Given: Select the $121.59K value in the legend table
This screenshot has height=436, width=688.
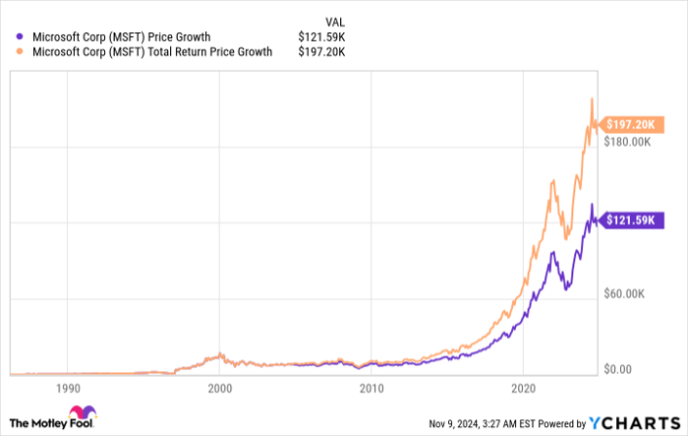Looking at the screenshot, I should click(x=321, y=37).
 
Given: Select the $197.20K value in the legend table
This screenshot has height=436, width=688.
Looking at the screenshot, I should click(x=321, y=52).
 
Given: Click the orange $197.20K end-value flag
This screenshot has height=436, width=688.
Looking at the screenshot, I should click(x=628, y=126).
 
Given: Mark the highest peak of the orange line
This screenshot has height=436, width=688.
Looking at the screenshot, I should click(x=591, y=97).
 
